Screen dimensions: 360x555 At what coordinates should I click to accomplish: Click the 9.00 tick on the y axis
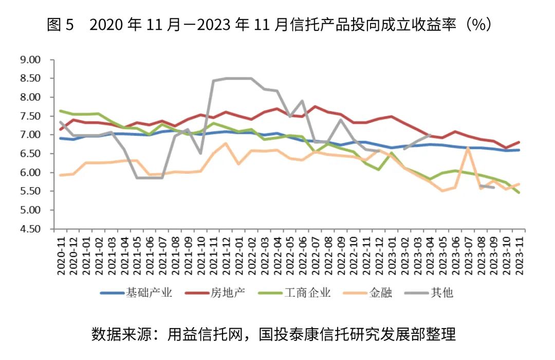pyautogui.click(x=29, y=60)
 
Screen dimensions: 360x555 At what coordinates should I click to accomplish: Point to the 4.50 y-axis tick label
pyautogui.click(x=29, y=229)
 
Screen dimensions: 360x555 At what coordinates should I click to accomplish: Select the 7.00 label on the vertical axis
pyautogui.click(x=29, y=135)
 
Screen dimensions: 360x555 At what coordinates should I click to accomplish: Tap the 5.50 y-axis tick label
pyautogui.click(x=29, y=191)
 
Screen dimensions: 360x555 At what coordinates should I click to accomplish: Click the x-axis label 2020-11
pyautogui.click(x=61, y=254)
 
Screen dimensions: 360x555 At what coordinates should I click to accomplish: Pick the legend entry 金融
pyautogui.click(x=380, y=293)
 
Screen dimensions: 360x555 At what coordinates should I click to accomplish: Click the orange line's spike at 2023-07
pyautogui.click(x=468, y=148)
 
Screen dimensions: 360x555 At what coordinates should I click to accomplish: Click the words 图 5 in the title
pyautogui.click(x=61, y=25)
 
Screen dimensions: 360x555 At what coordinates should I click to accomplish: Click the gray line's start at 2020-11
pyautogui.click(x=61, y=122)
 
